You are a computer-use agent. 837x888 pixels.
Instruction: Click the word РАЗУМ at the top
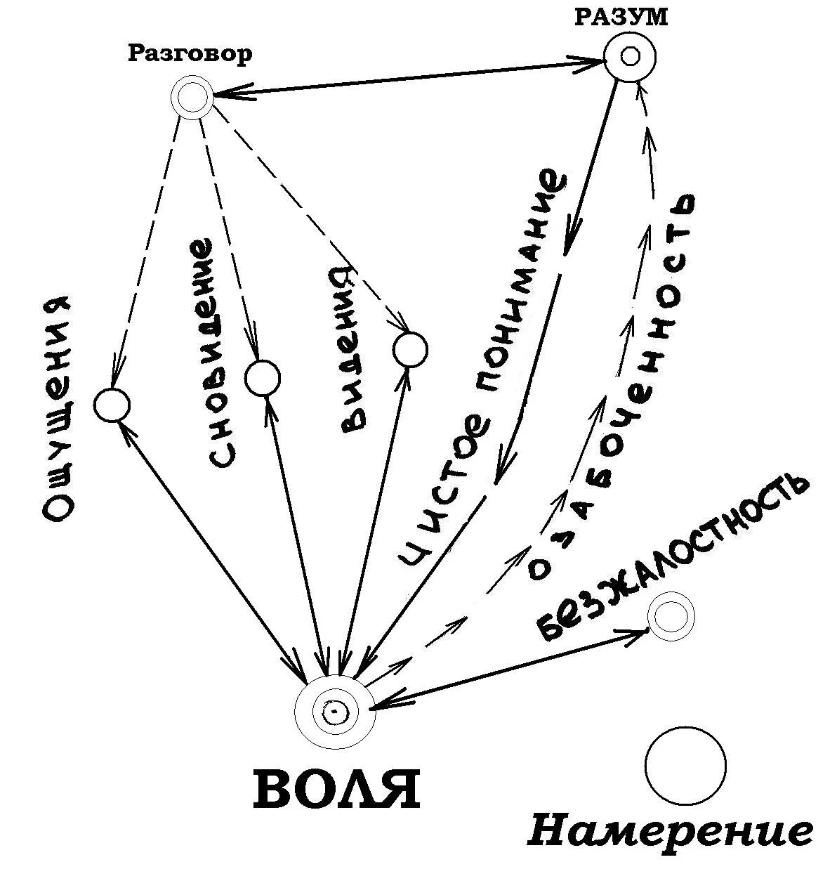tap(621, 16)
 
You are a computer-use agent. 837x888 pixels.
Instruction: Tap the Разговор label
tap(190, 54)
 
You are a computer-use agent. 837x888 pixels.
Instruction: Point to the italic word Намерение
tap(670, 832)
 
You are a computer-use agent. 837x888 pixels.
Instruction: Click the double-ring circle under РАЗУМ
tap(630, 56)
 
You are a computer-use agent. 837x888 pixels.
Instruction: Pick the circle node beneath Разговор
tap(191, 98)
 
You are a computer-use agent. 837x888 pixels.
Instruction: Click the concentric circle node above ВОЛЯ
tap(334, 712)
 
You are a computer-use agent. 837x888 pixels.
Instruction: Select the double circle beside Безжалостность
tap(671, 616)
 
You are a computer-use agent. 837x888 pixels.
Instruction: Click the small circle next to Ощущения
tap(112, 405)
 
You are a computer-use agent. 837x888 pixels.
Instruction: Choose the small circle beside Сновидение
tap(263, 378)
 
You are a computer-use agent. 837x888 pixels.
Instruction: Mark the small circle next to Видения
tap(409, 349)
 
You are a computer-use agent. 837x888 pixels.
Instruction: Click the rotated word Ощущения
tap(58, 407)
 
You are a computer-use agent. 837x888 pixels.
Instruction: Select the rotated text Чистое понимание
tap(483, 365)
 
